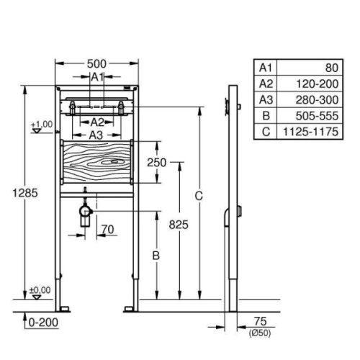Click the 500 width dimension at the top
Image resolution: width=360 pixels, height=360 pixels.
(x=96, y=64)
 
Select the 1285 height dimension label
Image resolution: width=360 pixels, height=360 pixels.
(x=25, y=193)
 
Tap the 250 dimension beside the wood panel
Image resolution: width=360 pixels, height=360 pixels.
(x=156, y=163)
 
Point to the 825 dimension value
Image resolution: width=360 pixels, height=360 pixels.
(x=179, y=225)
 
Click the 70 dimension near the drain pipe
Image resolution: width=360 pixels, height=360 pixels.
(x=107, y=230)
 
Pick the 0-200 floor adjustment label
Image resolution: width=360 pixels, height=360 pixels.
(x=43, y=323)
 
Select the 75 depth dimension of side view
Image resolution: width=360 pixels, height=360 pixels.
(x=261, y=321)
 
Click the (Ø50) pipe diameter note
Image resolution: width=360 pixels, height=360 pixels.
(x=260, y=333)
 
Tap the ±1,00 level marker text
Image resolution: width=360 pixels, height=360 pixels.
(x=42, y=125)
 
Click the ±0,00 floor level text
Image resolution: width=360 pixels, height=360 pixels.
(x=40, y=290)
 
